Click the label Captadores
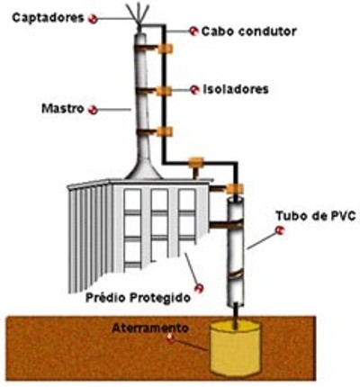click(48, 18)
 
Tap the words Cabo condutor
click(249, 31)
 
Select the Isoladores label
click(236, 89)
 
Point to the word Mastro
click(62, 108)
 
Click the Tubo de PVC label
click(316, 216)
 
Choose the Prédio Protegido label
click(138, 298)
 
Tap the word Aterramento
click(150, 328)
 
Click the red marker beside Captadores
click(93, 19)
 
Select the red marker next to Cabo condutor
click(193, 31)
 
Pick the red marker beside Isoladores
click(194, 90)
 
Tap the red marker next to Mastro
click(93, 110)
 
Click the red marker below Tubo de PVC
click(280, 230)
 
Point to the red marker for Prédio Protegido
click(199, 289)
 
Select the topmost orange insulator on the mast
click(166, 49)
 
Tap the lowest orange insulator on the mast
click(165, 131)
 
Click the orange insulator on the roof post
click(195, 162)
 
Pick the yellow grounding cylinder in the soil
click(235, 347)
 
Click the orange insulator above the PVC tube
click(234, 189)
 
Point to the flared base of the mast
click(143, 168)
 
